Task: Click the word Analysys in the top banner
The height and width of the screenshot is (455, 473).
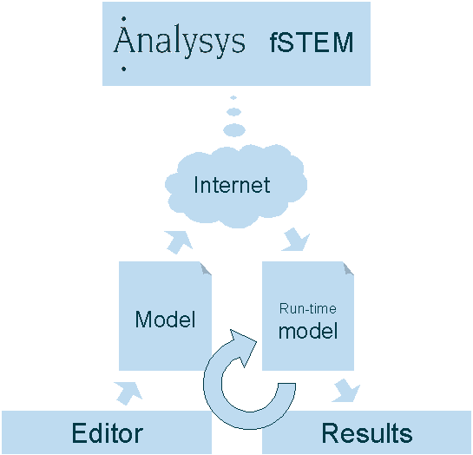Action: pyautogui.click(x=179, y=42)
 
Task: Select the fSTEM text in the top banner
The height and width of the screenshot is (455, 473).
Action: pyautogui.click(x=312, y=43)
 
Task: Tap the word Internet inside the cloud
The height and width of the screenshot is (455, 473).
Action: pyautogui.click(x=232, y=185)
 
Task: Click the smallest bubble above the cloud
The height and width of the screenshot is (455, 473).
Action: pyautogui.click(x=233, y=98)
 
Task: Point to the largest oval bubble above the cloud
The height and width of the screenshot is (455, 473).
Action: pyautogui.click(x=234, y=130)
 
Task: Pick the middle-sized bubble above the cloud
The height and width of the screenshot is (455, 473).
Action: pyautogui.click(x=233, y=112)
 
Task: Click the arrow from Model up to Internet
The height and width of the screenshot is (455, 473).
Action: pyautogui.click(x=179, y=241)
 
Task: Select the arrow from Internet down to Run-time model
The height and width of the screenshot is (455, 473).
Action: pyautogui.click(x=296, y=240)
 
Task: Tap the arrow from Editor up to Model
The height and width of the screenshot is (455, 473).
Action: pyautogui.click(x=128, y=392)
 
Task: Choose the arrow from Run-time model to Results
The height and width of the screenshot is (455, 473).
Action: pyautogui.click(x=346, y=391)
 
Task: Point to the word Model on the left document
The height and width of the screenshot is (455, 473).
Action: pyautogui.click(x=165, y=320)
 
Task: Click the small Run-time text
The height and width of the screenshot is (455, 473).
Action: pyautogui.click(x=308, y=308)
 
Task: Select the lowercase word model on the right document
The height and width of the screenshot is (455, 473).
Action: pyautogui.click(x=308, y=331)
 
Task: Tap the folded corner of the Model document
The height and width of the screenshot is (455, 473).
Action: pyautogui.click(x=207, y=268)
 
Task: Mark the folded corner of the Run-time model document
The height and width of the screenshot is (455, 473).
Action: pyautogui.click(x=349, y=268)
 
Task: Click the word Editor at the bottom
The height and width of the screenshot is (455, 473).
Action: pyautogui.click(x=108, y=433)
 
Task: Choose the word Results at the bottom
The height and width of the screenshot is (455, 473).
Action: pyautogui.click(x=367, y=433)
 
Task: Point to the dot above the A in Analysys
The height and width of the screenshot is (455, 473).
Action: pyautogui.click(x=124, y=19)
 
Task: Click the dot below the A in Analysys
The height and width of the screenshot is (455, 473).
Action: pyautogui.click(x=124, y=69)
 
